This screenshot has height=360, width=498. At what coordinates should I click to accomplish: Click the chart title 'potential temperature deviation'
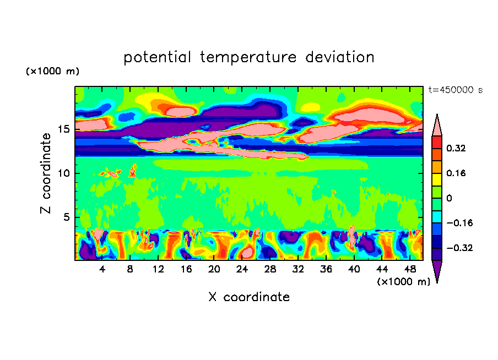pyautogui.click(x=248, y=57)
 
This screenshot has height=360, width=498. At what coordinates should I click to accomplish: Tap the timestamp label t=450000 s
pyautogui.click(x=455, y=90)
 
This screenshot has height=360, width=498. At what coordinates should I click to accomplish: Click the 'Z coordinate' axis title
pyautogui.click(x=47, y=173)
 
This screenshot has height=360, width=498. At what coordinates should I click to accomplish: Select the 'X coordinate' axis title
pyautogui.click(x=248, y=297)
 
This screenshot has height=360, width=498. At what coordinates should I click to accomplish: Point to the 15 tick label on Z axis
pyautogui.click(x=63, y=130)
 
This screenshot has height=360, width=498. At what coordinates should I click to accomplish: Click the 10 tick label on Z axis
pyautogui.click(x=63, y=173)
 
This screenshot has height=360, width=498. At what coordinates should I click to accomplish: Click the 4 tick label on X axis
pyautogui.click(x=102, y=269)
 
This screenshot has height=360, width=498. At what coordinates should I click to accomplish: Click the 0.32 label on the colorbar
pyautogui.click(x=456, y=148)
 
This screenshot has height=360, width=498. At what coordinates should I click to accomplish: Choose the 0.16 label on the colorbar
pyautogui.click(x=456, y=173)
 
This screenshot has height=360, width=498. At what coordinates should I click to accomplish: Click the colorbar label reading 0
pyautogui.click(x=449, y=198)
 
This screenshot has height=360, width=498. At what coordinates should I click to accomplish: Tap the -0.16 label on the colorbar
pyautogui.click(x=458, y=223)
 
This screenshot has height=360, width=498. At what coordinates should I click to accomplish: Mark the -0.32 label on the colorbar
pyautogui.click(x=458, y=248)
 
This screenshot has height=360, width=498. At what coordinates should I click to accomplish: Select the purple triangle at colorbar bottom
pyautogui.click(x=437, y=270)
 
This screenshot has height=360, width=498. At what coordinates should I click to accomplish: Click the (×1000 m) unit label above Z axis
pyautogui.click(x=52, y=72)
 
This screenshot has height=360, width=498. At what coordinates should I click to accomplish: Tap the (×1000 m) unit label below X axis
pyautogui.click(x=403, y=282)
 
